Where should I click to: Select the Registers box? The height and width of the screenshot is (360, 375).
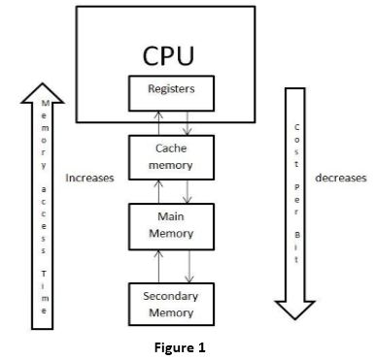click(x=171, y=90)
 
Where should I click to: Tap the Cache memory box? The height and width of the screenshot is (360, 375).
click(x=171, y=157)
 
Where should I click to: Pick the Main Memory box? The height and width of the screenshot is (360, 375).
click(x=171, y=225)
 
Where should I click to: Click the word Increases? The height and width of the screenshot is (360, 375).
click(x=89, y=179)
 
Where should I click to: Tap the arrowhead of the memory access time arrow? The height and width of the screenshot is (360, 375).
click(x=45, y=92)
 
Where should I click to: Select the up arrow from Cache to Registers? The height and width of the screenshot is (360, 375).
click(x=155, y=121)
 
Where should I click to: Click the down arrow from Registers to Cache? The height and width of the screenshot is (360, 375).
click(x=188, y=121)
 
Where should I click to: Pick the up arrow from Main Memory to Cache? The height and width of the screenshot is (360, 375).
click(x=155, y=190)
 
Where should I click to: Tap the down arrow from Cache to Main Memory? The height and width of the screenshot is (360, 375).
click(x=188, y=190)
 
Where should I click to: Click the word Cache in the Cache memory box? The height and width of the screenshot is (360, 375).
click(x=171, y=149)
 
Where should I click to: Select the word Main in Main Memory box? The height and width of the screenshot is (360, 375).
click(x=171, y=218)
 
